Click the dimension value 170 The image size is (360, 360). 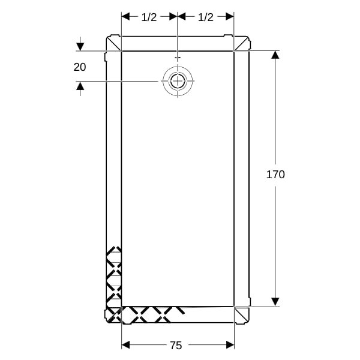coord(275,175)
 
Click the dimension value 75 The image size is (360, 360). coord(176,346)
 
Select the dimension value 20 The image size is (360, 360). coord(80,67)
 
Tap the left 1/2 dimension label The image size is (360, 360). coord(149,17)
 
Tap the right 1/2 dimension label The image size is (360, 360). coord(206,17)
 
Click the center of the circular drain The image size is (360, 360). coord(178,81)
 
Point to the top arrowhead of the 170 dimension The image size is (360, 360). coord(275,55)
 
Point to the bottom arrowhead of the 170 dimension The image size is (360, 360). coord(275,302)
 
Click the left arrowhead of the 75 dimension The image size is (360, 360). coord(125,345)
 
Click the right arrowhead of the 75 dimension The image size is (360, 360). coord(230,345)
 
